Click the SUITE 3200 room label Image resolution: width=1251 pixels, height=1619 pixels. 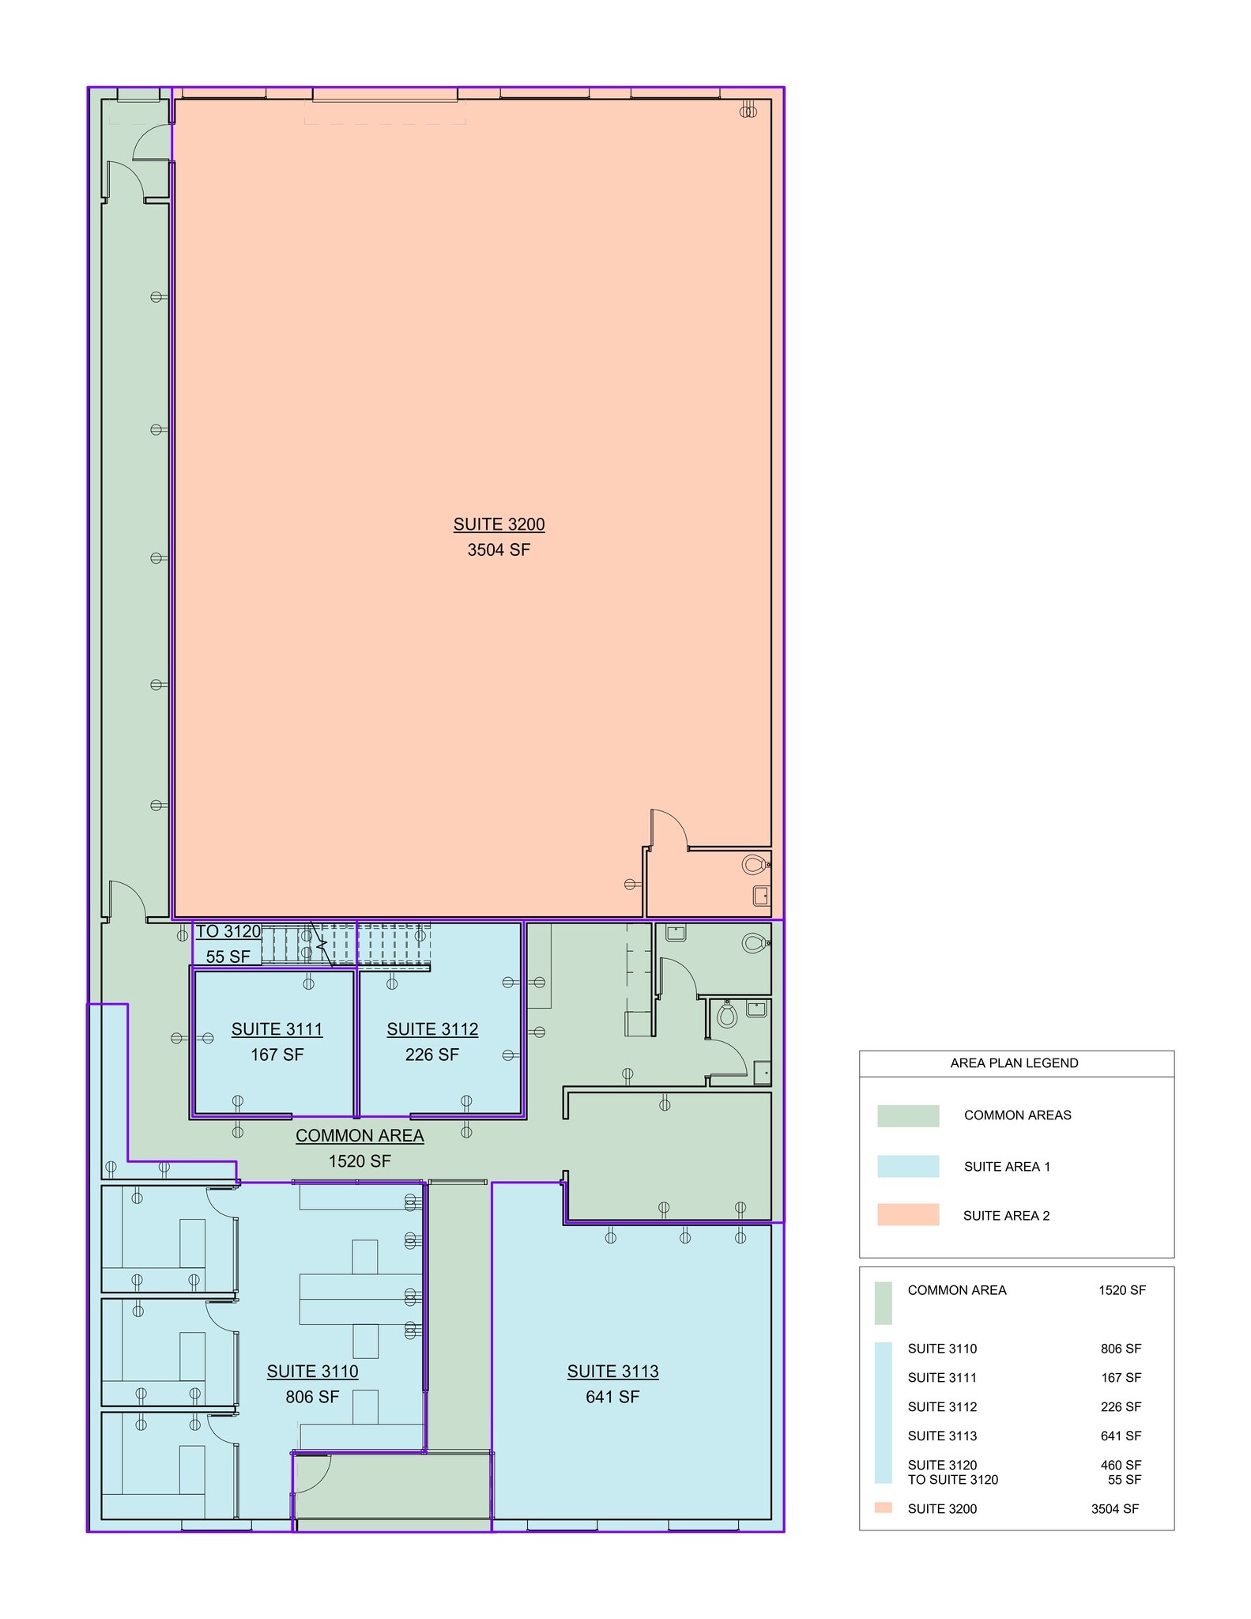click(499, 524)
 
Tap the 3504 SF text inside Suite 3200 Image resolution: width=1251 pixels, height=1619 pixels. click(499, 549)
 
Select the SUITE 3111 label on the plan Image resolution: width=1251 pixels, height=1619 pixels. click(277, 1028)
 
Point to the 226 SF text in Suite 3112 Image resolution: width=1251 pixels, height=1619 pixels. click(431, 1055)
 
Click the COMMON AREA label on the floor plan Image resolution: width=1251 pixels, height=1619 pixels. click(360, 1135)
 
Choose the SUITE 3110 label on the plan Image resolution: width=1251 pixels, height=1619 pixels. click(312, 1371)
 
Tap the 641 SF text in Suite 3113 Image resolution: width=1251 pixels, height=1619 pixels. click(612, 1397)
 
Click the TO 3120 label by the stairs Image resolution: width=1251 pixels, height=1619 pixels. click(228, 931)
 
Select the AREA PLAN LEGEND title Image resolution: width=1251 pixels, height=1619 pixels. click(1014, 1062)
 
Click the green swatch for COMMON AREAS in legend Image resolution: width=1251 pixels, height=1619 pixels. click(907, 1115)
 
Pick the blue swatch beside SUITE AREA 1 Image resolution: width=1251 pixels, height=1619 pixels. click(907, 1166)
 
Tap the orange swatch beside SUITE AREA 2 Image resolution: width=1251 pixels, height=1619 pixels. click(907, 1215)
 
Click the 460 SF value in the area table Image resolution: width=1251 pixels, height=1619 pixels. click(1120, 1465)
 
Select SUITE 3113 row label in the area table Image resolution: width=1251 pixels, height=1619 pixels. click(942, 1436)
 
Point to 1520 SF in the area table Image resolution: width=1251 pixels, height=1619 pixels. click(1121, 1290)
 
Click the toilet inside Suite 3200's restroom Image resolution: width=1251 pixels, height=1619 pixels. click(754, 864)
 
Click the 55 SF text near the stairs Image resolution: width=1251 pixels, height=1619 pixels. click(228, 957)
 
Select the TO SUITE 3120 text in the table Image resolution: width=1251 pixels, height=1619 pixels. click(952, 1479)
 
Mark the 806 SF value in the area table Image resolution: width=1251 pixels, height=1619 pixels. click(1120, 1349)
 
